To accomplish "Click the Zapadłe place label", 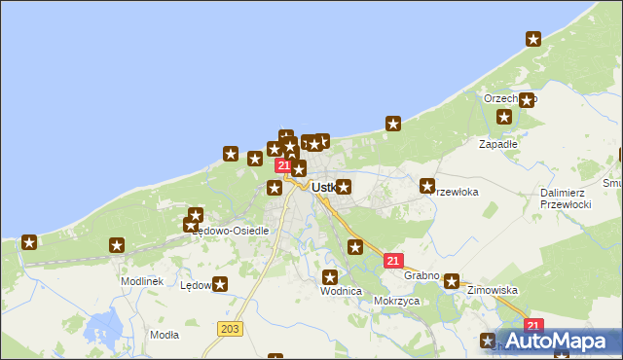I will pos(497,143).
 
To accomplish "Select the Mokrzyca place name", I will pos(396,302).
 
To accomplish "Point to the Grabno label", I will pos(421,276).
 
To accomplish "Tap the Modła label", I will pos(165,335).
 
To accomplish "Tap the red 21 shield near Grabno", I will pos(394,261).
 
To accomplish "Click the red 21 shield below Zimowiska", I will pos(532,326).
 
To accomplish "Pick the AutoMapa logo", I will pos(564,341).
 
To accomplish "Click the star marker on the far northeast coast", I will pos(533,39).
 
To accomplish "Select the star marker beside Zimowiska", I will pos(452,282).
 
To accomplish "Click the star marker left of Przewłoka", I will pos(426,185).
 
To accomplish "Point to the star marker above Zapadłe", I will pos(504,117).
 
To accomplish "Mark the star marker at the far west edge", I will pos(29,242).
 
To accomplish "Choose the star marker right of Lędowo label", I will pos(220,285).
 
